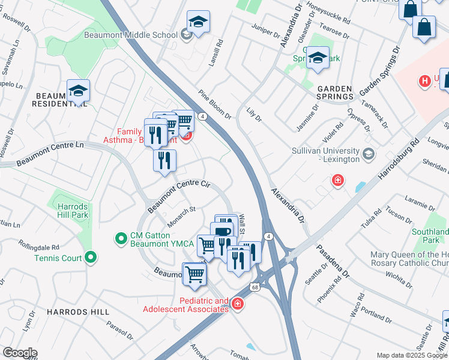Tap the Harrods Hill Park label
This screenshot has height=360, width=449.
pyautogui.click(x=73, y=211)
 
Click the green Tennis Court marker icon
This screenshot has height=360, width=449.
pyautogui.click(x=91, y=258)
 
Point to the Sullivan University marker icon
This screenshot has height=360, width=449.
pyautogui.click(x=368, y=154)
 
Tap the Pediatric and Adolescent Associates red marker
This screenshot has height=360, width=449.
pyautogui.click(x=238, y=305)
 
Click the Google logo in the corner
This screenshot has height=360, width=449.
pyautogui.click(x=20, y=353)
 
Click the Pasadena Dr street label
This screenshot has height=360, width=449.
pyautogui.click(x=339, y=261)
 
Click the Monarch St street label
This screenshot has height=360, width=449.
pyautogui.click(x=181, y=217)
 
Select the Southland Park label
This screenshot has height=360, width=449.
pyautogui.click(x=430, y=236)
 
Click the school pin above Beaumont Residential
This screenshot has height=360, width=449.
pyautogui.click(x=78, y=91)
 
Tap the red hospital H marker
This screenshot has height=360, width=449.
pyautogui.click(x=425, y=80)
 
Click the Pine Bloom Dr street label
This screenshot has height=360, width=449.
pyautogui.click(x=215, y=104)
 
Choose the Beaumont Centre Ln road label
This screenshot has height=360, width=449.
pyautogui.click(x=50, y=154)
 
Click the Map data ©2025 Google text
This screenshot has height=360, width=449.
pyautogui.click(x=412, y=355)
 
